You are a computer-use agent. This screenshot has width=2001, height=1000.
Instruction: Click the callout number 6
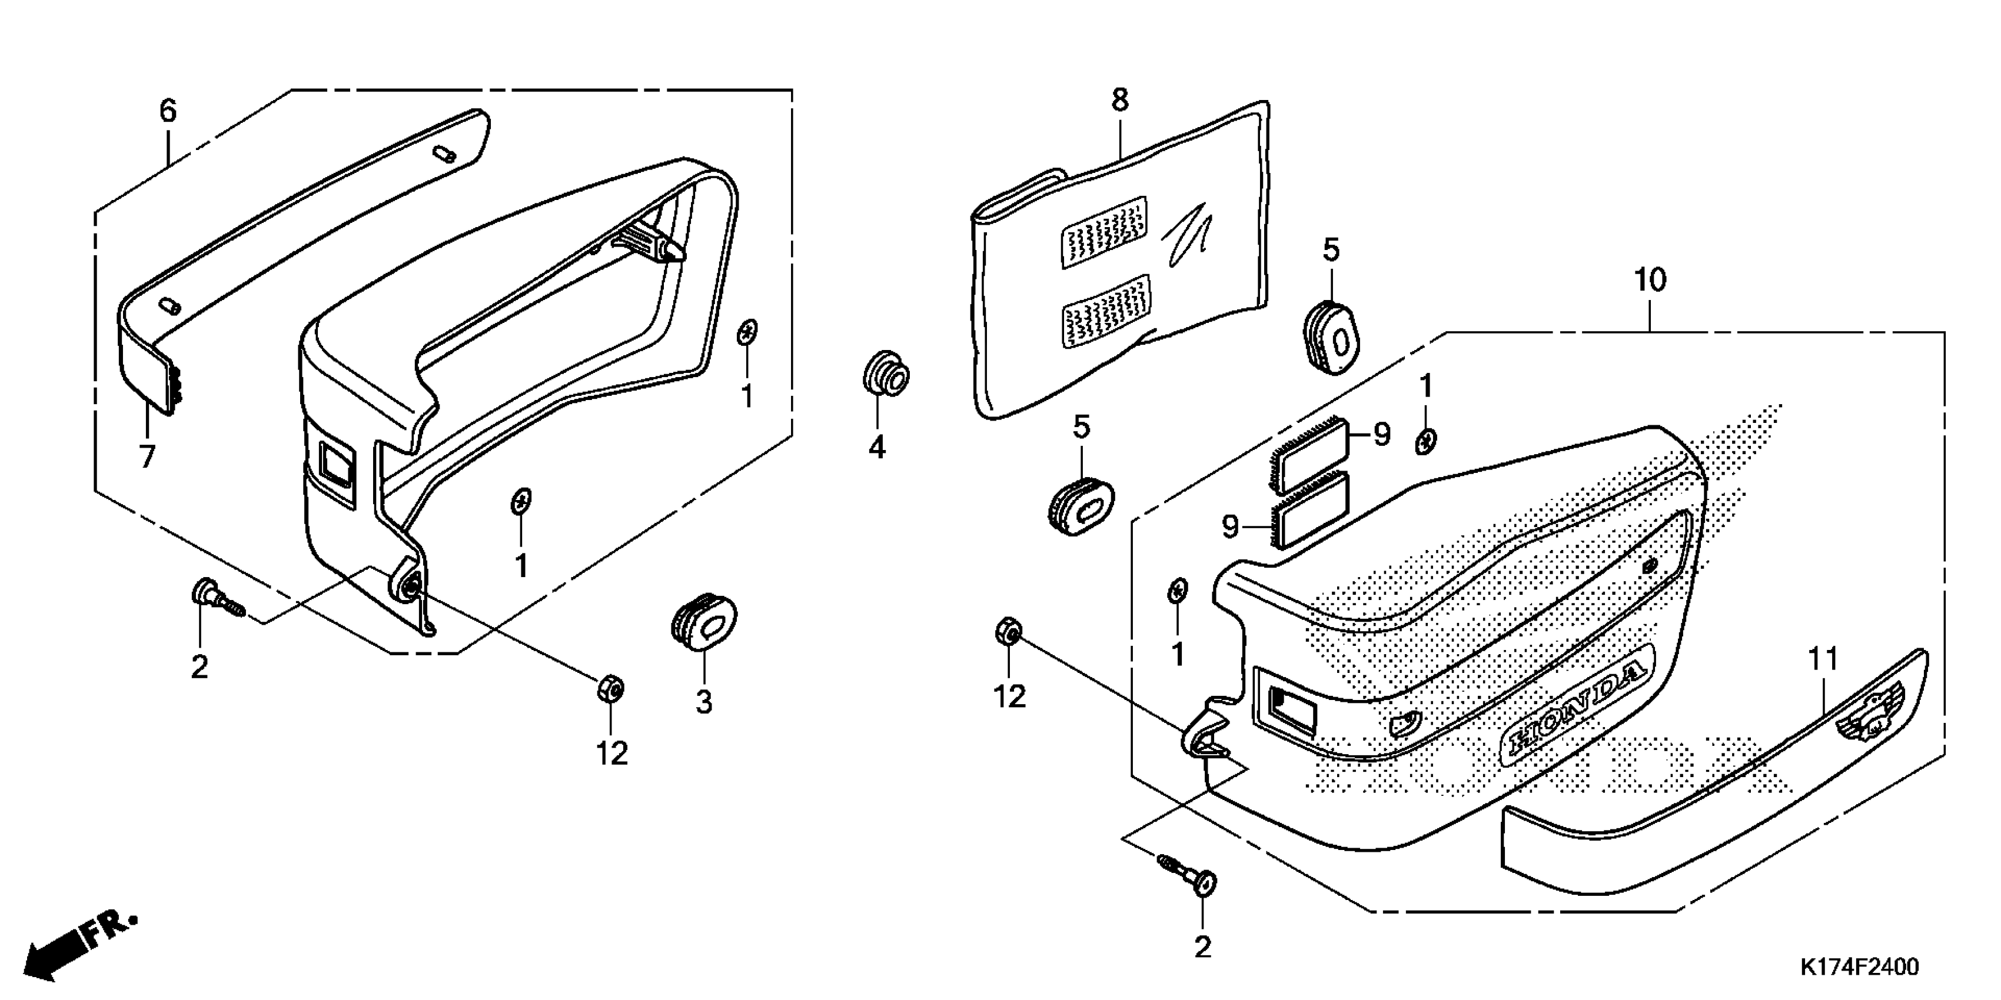[168, 111]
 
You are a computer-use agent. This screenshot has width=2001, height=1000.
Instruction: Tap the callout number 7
[147, 456]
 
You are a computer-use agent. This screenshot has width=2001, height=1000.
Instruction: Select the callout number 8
[1119, 100]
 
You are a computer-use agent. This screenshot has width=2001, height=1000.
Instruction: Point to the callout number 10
[1650, 279]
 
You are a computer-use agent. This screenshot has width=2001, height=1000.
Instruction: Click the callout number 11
[1823, 659]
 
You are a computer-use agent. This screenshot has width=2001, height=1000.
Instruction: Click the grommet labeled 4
[886, 376]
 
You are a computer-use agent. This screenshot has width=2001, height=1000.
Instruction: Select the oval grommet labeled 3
[703, 619]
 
